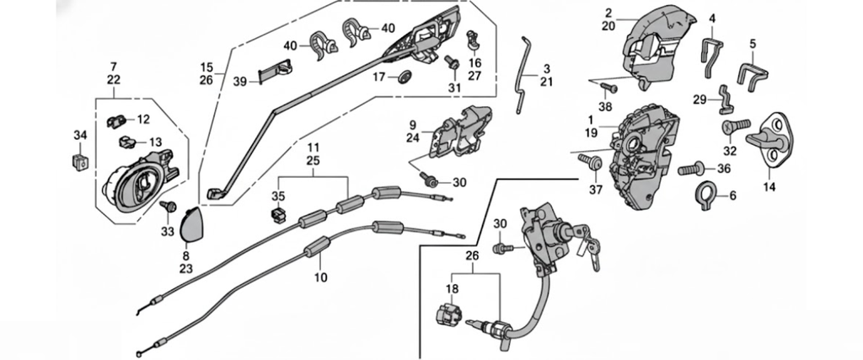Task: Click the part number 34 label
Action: [79, 135]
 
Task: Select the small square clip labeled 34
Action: [81, 158]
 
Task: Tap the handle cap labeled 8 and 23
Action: [192, 223]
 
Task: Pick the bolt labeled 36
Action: [691, 169]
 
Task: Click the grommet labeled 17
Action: [404, 78]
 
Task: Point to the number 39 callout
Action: [239, 82]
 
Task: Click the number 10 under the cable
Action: [319, 277]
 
